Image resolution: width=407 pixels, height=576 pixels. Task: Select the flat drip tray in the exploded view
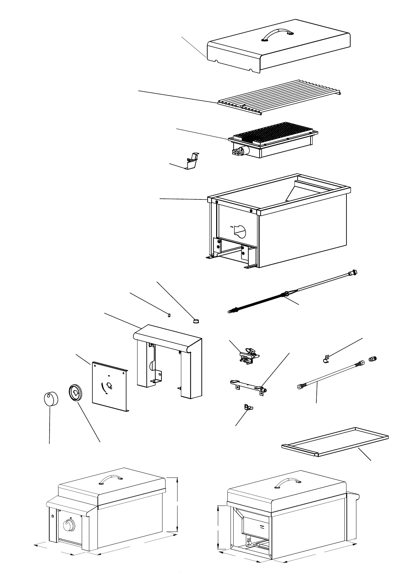[335, 441]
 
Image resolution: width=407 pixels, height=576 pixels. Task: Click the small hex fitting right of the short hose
[373, 359]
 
